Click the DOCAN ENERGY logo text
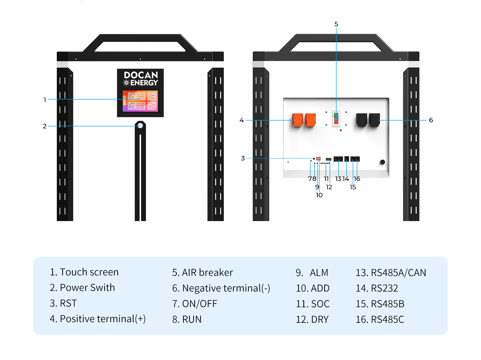point(141,79)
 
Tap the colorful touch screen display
point(140,101)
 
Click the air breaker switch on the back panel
point(336,118)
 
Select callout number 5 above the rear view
point(336,24)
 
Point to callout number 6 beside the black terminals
point(431,120)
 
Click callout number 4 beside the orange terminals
point(241,120)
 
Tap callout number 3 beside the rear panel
point(243,158)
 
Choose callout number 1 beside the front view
point(45,100)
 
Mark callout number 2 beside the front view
point(45,126)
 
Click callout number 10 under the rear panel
point(319,195)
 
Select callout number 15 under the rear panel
point(353,187)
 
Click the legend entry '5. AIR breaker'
point(202,272)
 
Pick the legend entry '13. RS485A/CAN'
point(391,272)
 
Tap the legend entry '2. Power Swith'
point(82,287)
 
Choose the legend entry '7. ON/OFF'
point(195,304)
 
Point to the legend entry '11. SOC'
point(313,304)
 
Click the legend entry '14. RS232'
point(377,288)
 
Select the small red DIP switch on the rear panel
point(318,159)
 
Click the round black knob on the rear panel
point(382,162)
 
